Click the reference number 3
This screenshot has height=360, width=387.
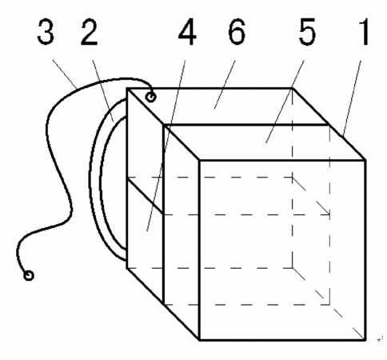(x=46, y=31)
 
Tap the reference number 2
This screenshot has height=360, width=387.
(x=90, y=31)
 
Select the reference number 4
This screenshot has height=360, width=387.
(x=187, y=31)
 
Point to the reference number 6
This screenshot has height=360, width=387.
(x=237, y=31)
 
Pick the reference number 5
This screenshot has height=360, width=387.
(x=307, y=31)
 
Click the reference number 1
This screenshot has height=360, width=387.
(x=364, y=31)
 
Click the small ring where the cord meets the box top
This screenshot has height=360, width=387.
(x=151, y=97)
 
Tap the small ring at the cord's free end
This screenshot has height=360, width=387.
(x=29, y=275)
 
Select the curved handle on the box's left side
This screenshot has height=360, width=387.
(x=95, y=179)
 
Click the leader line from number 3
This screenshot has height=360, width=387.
(x=65, y=74)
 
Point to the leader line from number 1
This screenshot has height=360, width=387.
(x=352, y=98)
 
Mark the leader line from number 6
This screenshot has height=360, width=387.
(x=225, y=85)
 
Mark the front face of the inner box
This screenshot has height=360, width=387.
(x=282, y=250)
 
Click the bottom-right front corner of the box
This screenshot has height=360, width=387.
(x=365, y=340)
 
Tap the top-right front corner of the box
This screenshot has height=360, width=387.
(x=365, y=160)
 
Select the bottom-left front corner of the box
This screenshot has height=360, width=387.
(x=199, y=340)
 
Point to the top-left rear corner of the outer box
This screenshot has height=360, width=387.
(x=127, y=88)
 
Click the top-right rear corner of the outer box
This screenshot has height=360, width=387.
(x=293, y=88)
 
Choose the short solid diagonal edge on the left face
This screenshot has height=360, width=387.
(x=146, y=197)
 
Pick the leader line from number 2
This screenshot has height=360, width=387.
(x=103, y=91)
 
